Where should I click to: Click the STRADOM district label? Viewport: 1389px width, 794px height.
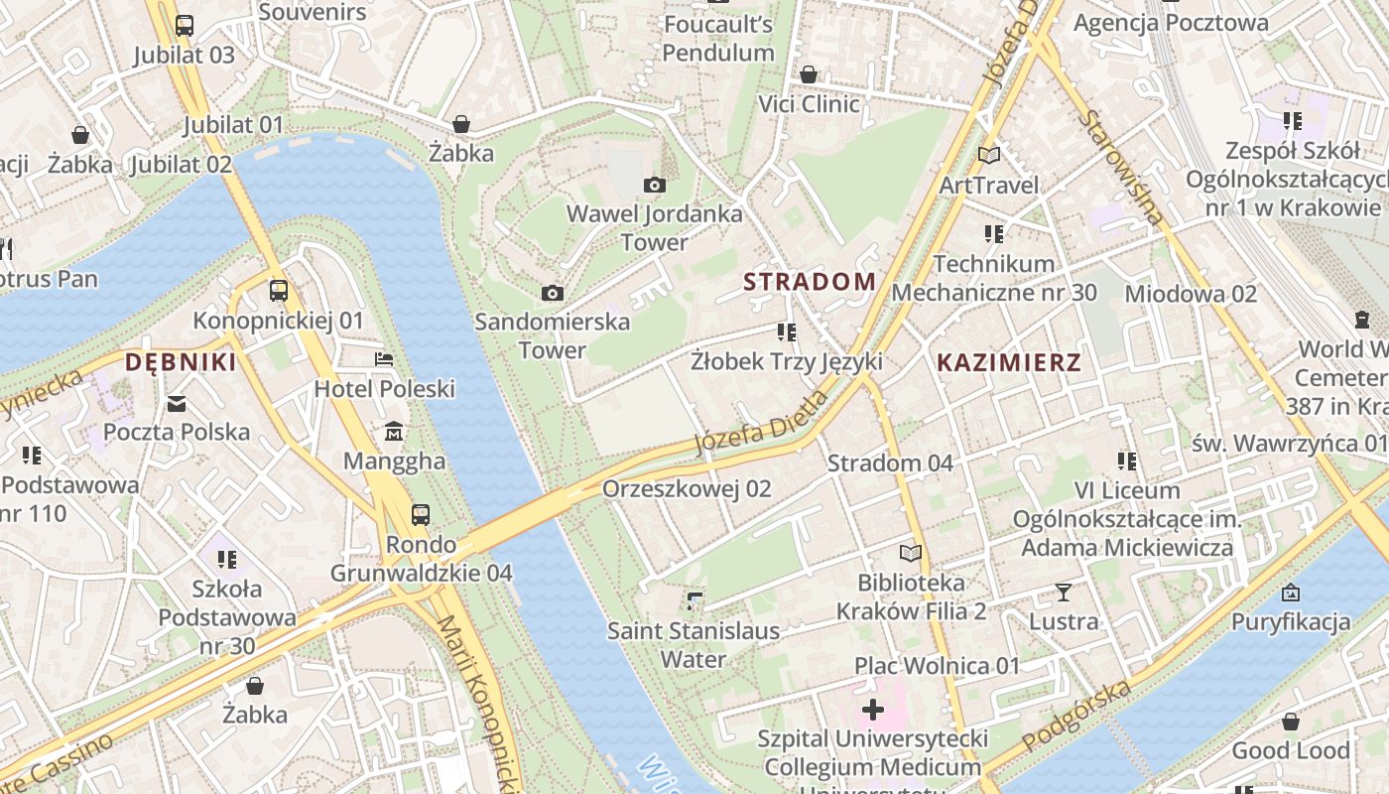pyautogui.click(x=810, y=282)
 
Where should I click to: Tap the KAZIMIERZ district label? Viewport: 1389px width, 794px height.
pyautogui.click(x=1008, y=363)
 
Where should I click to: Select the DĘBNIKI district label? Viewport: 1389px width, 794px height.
pyautogui.click(x=181, y=363)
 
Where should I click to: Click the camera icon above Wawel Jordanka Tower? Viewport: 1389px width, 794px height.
pyautogui.click(x=654, y=185)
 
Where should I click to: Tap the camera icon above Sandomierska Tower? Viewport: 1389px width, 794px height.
pyautogui.click(x=552, y=293)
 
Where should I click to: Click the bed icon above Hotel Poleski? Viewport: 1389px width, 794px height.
pyautogui.click(x=384, y=359)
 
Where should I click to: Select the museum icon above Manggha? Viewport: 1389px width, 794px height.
pyautogui.click(x=394, y=432)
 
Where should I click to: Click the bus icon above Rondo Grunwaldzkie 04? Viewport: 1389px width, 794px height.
pyautogui.click(x=421, y=515)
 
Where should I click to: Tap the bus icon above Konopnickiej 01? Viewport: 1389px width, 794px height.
pyautogui.click(x=279, y=291)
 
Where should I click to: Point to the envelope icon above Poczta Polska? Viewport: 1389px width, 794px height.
pyautogui.click(x=177, y=403)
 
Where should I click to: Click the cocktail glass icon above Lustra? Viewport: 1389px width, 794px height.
pyautogui.click(x=1063, y=593)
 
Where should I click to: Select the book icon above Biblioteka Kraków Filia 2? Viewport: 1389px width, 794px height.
pyautogui.click(x=910, y=553)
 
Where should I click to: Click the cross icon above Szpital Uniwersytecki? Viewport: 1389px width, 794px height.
pyautogui.click(x=872, y=710)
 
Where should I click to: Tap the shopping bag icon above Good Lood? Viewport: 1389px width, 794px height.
pyautogui.click(x=1290, y=722)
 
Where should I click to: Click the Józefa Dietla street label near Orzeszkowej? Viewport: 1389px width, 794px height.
pyautogui.click(x=761, y=423)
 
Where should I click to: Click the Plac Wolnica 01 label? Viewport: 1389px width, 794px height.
pyautogui.click(x=937, y=665)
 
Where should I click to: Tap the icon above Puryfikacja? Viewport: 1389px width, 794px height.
pyautogui.click(x=1290, y=593)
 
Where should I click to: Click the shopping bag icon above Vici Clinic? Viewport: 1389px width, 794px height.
pyautogui.click(x=809, y=74)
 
